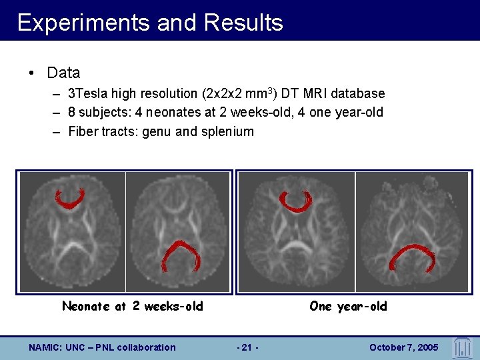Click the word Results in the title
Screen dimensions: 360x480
[243, 23]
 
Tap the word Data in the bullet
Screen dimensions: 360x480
[64, 73]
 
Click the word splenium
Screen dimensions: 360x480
[230, 131]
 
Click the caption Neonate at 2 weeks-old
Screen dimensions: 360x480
[132, 307]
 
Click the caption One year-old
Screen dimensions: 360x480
[348, 307]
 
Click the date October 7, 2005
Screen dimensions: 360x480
[403, 347]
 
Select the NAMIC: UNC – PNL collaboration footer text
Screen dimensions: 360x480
[103, 347]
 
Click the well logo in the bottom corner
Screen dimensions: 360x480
[462, 347]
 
